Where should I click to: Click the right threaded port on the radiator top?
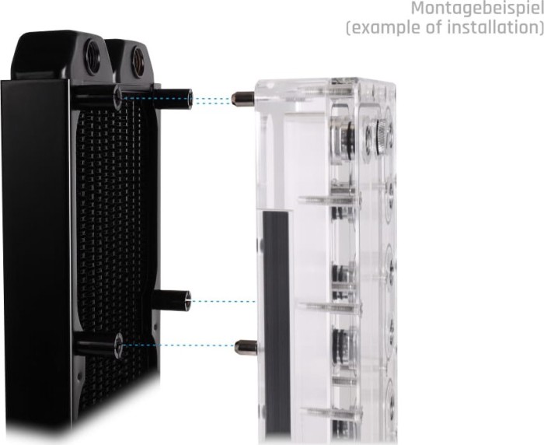[x=138, y=58]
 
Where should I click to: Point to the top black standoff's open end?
[x=186, y=99]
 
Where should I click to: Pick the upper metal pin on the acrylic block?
[x=242, y=99]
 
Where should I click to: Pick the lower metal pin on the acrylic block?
[x=246, y=346]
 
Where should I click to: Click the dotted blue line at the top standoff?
[x=211, y=99]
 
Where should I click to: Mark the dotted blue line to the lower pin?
[x=179, y=345]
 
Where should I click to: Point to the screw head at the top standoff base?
[x=118, y=98]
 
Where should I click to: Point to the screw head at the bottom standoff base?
[x=119, y=345]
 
